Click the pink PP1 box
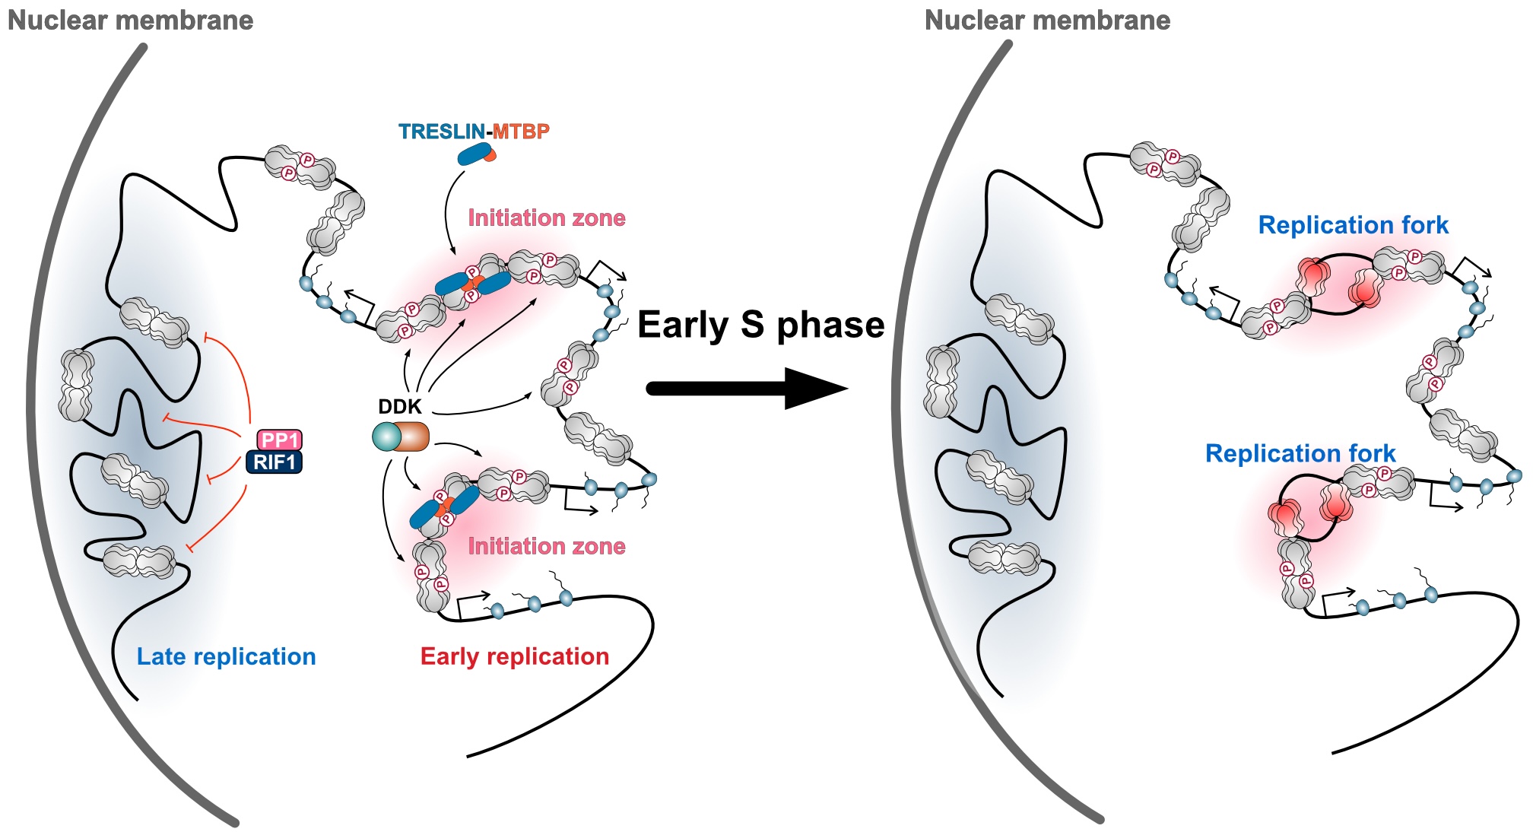pyautogui.click(x=279, y=440)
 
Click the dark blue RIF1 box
pyautogui.click(x=274, y=462)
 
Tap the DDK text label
pyautogui.click(x=399, y=407)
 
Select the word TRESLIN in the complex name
pyautogui.click(x=442, y=132)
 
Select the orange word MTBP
pyautogui.click(x=521, y=132)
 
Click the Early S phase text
pyautogui.click(x=760, y=325)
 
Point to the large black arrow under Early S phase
pyautogui.click(x=745, y=389)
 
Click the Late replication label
pyautogui.click(x=226, y=656)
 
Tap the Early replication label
pyautogui.click(x=515, y=656)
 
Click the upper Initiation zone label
pyautogui.click(x=546, y=218)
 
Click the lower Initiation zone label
pyautogui.click(x=546, y=546)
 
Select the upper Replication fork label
pyautogui.click(x=1353, y=225)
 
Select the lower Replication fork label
pyautogui.click(x=1300, y=453)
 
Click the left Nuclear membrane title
pyautogui.click(x=130, y=21)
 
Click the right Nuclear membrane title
pyautogui.click(x=1047, y=21)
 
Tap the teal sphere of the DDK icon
pyautogui.click(x=386, y=437)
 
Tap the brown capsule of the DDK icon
pyautogui.click(x=413, y=437)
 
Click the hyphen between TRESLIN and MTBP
pyautogui.click(x=489, y=132)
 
